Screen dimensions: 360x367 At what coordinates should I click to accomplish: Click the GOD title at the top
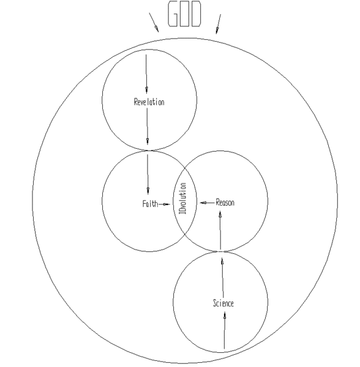click(x=184, y=14)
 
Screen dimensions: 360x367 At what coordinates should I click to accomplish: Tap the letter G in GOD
click(x=173, y=14)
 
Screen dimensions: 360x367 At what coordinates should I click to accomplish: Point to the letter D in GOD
click(x=196, y=14)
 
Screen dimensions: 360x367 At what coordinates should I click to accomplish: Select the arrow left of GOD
click(x=154, y=23)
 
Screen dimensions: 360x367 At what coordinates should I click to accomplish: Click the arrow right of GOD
click(x=219, y=24)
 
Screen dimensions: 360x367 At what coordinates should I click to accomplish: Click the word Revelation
click(x=149, y=102)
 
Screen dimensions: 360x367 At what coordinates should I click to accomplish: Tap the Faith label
click(x=150, y=204)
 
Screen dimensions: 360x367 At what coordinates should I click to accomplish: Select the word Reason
click(x=225, y=202)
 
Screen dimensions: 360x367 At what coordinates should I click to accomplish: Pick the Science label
click(x=223, y=303)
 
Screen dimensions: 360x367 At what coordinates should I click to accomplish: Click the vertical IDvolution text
click(x=183, y=198)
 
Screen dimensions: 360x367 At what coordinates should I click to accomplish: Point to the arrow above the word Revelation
click(x=146, y=74)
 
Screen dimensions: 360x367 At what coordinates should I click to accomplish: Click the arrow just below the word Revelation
click(x=148, y=127)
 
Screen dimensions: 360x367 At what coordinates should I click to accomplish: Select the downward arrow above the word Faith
click(x=148, y=174)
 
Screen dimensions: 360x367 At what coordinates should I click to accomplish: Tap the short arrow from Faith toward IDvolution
click(x=165, y=204)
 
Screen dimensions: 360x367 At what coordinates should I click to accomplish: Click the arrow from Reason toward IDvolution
click(x=208, y=202)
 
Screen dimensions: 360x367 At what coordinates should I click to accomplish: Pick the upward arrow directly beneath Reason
click(x=220, y=231)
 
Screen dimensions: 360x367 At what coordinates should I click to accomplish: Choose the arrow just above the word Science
click(x=223, y=278)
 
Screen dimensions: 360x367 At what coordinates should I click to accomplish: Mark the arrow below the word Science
click(x=224, y=330)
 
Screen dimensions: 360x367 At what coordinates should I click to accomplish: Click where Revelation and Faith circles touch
click(x=149, y=150)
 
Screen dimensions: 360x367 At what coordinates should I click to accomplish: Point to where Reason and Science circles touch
click(x=220, y=251)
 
